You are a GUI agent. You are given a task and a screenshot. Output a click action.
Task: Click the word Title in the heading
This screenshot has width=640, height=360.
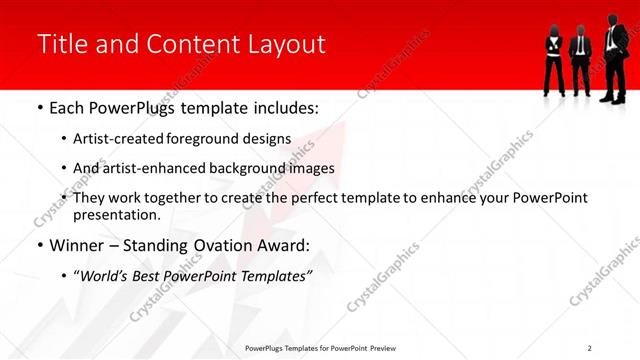click(x=60, y=44)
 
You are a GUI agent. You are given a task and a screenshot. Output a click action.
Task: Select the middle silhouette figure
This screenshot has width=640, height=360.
click(x=580, y=60)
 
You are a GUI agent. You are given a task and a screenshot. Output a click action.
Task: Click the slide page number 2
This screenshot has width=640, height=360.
click(x=590, y=348)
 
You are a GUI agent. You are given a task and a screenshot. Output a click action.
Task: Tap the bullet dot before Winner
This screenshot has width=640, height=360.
click(x=39, y=245)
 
